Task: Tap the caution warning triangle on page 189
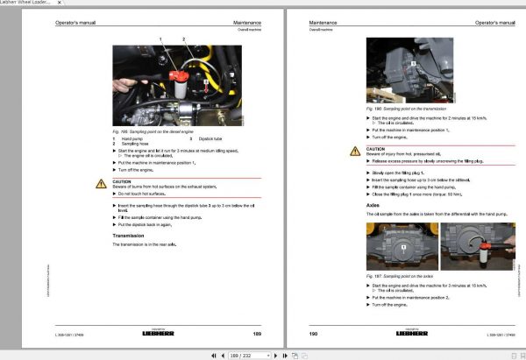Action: [101, 184]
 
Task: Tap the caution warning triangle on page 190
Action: [356, 151]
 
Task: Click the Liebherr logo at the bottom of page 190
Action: [415, 334]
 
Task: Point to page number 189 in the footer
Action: [257, 334]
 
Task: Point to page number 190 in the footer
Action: [313, 334]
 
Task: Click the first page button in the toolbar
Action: [212, 355]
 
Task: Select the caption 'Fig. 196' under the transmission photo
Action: [403, 109]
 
